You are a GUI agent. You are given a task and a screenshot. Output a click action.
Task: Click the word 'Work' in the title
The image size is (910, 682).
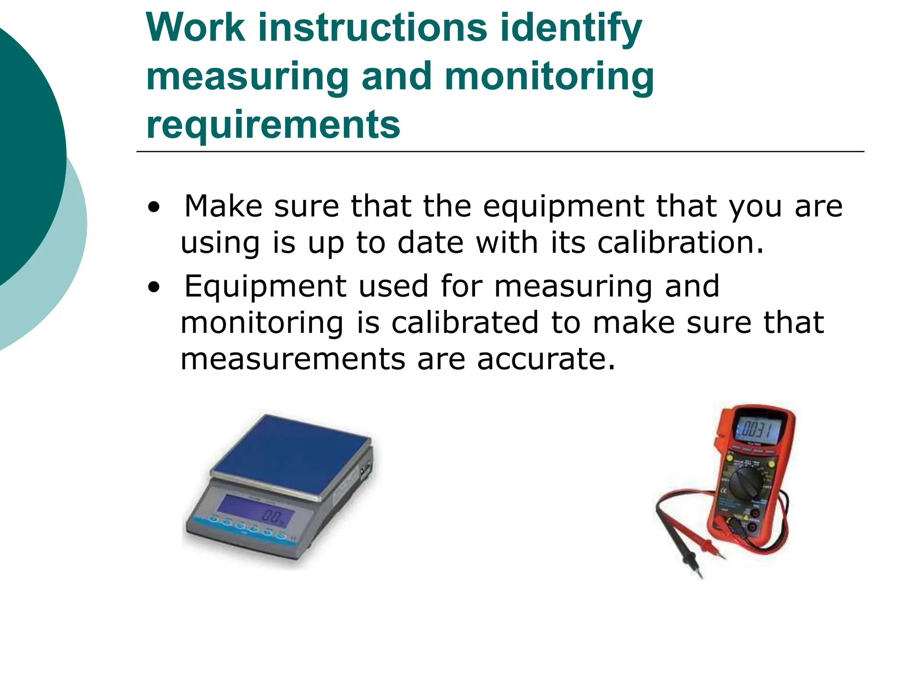click(196, 28)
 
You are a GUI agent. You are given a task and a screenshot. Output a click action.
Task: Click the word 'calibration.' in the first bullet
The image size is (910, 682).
click(680, 243)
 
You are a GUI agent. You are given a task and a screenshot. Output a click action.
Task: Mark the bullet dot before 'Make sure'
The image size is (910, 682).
click(154, 207)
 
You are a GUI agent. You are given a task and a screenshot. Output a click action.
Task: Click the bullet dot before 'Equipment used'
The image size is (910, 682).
click(154, 287)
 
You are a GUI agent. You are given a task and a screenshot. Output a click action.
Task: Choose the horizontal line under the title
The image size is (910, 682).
click(500, 152)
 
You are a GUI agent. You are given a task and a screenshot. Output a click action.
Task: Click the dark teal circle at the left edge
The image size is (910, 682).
click(27, 151)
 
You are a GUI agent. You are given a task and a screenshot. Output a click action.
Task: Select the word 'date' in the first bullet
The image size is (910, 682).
click(430, 243)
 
